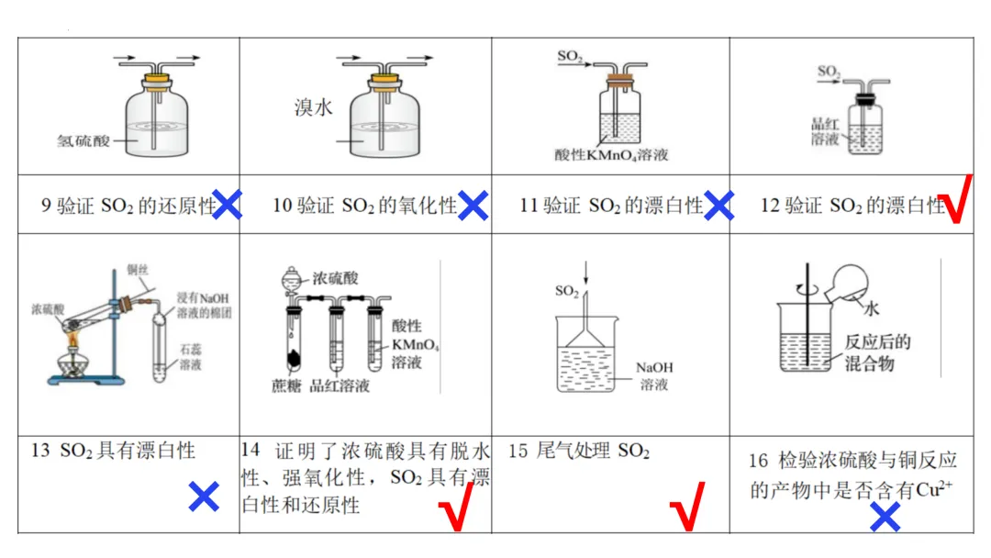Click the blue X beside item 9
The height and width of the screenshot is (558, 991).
(x=227, y=205)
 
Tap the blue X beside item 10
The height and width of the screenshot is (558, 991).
(x=473, y=205)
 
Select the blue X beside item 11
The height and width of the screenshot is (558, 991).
(x=718, y=205)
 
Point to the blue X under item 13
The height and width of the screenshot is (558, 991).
(x=204, y=497)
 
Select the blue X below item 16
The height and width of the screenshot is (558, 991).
(x=885, y=518)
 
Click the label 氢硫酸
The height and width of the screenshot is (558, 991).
(x=84, y=141)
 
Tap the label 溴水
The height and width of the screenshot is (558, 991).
(x=313, y=107)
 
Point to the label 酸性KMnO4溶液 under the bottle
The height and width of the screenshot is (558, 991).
(x=612, y=154)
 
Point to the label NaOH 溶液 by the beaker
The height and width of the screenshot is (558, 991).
(x=654, y=375)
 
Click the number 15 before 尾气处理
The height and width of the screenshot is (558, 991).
(x=518, y=452)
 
